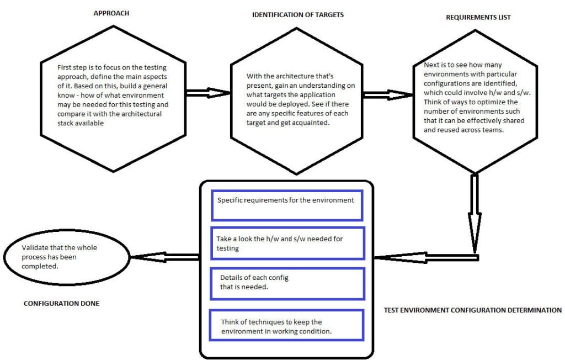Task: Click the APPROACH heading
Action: (111, 13)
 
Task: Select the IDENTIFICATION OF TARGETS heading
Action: (297, 14)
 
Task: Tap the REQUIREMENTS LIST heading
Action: (478, 17)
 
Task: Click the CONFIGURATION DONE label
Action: (61, 303)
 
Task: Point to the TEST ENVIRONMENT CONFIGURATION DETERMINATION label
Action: (472, 310)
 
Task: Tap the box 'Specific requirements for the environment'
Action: (286, 205)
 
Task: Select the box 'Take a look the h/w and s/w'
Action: (286, 243)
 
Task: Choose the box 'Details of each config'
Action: (286, 283)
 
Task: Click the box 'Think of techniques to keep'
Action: (286, 325)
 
